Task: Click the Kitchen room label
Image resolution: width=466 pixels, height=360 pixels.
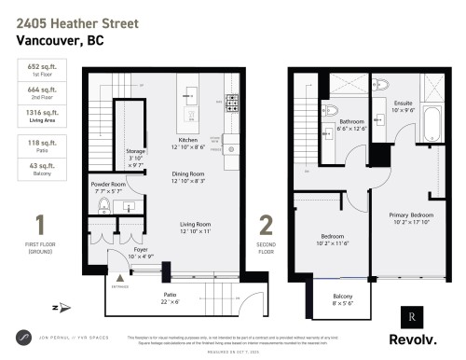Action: [188, 139]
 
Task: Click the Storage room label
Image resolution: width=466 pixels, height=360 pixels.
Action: [135, 155]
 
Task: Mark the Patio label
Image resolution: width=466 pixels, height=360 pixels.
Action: [171, 293]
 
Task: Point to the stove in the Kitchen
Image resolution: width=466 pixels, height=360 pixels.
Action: [229, 101]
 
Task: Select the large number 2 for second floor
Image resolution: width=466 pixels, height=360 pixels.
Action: [266, 227]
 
